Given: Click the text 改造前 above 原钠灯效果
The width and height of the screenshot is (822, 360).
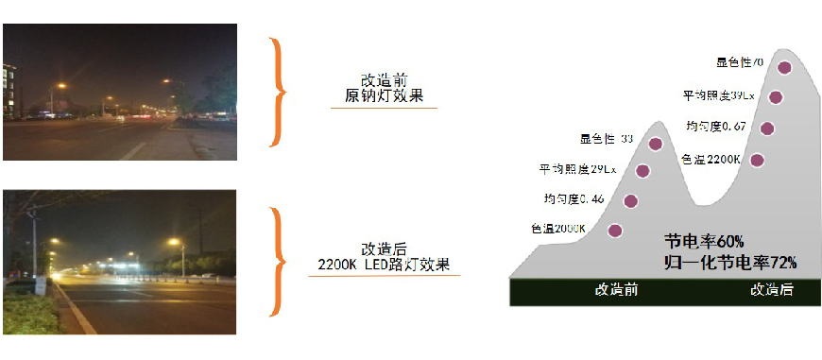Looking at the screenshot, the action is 384,79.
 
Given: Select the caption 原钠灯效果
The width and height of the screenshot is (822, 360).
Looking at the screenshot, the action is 384,95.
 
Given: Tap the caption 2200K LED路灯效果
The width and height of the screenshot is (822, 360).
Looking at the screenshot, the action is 384,265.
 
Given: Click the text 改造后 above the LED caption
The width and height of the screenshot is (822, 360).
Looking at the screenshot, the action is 384,249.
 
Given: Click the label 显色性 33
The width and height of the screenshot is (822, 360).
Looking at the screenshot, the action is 606,140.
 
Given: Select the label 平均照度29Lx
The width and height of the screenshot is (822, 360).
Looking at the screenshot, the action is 578,169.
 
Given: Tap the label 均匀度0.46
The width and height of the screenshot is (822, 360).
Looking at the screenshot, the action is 573,198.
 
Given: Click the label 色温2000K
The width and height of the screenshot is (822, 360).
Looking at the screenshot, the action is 560,229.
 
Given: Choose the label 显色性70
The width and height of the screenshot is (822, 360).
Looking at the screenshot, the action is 740,62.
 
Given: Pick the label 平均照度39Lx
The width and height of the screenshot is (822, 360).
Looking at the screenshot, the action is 719,95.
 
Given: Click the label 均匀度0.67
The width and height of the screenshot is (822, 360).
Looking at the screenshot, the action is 717,127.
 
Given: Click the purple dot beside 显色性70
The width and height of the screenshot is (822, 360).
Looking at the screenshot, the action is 784,67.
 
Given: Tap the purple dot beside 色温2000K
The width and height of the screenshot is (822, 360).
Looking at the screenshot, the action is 615,230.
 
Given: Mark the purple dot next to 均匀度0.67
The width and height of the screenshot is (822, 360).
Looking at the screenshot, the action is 767,129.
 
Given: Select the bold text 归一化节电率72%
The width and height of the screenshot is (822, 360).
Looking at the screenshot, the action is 730,261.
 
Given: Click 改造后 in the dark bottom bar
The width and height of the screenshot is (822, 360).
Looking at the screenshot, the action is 771,290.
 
